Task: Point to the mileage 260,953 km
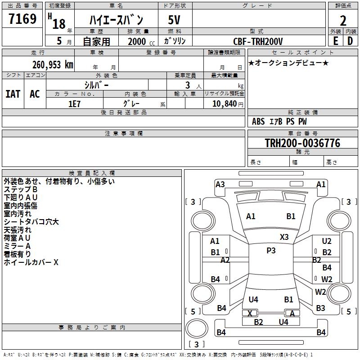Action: [x=53, y=65]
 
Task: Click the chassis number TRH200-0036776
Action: [x=302, y=143]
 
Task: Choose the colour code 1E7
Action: [x=74, y=103]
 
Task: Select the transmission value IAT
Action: [x=13, y=94]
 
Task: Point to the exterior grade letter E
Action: [x=335, y=41]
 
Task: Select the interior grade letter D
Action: [x=350, y=41]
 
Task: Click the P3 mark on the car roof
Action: [x=271, y=251]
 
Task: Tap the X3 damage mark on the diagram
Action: [x=284, y=237]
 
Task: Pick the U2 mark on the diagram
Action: [x=326, y=241]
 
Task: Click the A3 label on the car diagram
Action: [x=220, y=184]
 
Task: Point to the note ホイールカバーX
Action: [x=31, y=262]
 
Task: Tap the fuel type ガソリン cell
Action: [x=175, y=41]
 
